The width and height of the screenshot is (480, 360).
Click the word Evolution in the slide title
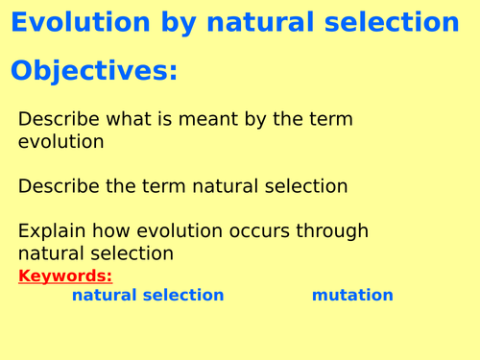click(x=80, y=22)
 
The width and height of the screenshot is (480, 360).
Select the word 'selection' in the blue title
click(x=389, y=22)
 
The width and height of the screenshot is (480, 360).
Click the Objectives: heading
click(x=94, y=71)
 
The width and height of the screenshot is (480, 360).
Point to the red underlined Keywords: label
click(x=65, y=276)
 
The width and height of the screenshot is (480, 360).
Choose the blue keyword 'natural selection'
click(x=148, y=296)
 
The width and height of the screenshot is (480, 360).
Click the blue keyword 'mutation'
click(x=352, y=296)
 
